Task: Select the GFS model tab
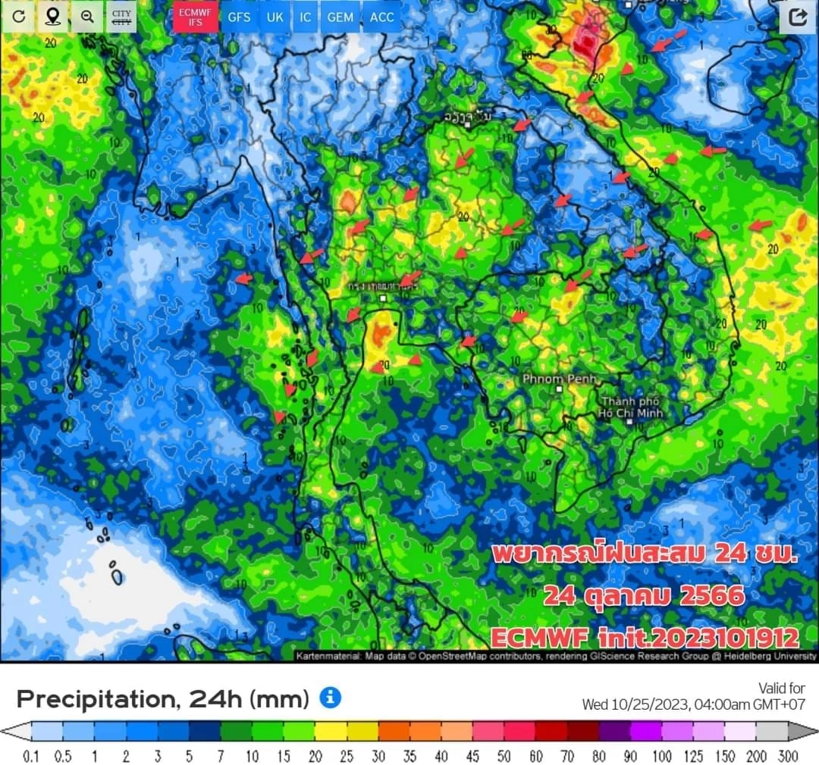click(239, 17)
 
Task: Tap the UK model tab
click(275, 17)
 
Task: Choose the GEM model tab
click(340, 17)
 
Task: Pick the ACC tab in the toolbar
click(382, 17)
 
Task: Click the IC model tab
click(305, 17)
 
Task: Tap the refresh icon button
click(18, 17)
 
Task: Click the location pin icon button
click(52, 17)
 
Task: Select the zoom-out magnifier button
click(87, 17)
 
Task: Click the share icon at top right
click(797, 17)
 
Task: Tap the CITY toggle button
click(121, 17)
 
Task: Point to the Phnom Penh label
click(560, 378)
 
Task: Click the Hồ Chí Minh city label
click(631, 407)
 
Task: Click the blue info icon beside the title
click(330, 698)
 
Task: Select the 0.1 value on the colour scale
click(31, 756)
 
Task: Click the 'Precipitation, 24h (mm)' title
click(163, 698)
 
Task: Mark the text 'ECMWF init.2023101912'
click(645, 637)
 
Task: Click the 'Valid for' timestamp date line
click(693, 704)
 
